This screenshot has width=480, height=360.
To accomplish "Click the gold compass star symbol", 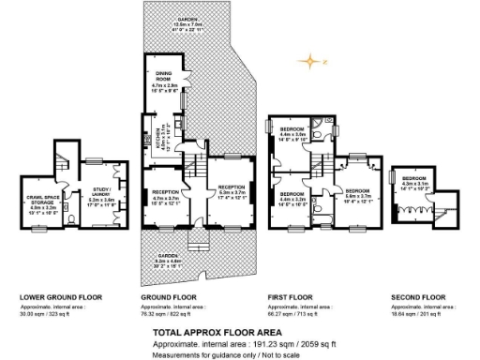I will coord(308,62).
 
